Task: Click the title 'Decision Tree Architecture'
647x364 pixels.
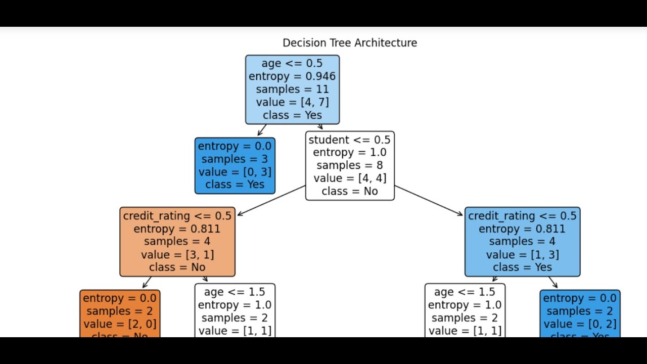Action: [x=349, y=43]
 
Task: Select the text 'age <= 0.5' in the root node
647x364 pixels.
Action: [x=292, y=63]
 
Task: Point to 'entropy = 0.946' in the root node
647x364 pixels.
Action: [x=292, y=76]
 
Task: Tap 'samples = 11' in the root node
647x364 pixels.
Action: [x=292, y=89]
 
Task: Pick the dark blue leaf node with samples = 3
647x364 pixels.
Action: [x=235, y=165]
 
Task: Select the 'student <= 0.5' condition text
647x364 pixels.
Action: [x=349, y=140]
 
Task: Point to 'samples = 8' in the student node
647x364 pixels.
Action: [x=349, y=165]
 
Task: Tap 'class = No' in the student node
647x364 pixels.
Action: [x=349, y=191]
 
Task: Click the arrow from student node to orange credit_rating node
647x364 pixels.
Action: [x=271, y=200]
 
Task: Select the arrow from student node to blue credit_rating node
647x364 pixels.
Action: [x=429, y=201]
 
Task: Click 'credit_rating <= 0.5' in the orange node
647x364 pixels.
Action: [x=177, y=216]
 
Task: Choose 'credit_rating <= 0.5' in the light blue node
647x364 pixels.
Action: [x=522, y=216]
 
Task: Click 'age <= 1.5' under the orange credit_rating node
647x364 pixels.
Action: [x=235, y=292]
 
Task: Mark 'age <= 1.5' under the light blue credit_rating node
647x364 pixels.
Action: [x=465, y=292]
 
